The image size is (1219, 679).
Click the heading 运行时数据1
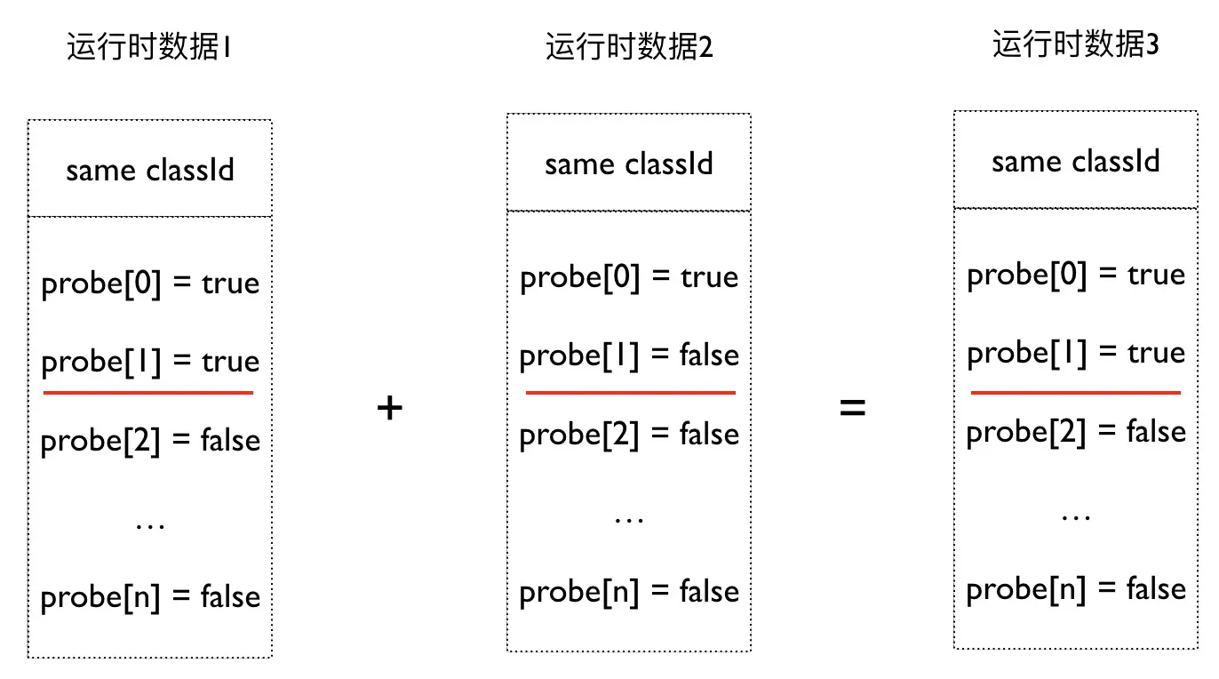(149, 46)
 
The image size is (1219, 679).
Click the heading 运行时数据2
(629, 46)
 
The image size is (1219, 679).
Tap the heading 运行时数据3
(1075, 44)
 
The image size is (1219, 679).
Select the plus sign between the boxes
(390, 408)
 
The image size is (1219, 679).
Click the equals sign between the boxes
(852, 408)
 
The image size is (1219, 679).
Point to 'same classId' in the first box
(150, 169)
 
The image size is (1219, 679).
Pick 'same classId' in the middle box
(629, 164)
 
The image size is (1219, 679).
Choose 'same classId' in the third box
(1075, 161)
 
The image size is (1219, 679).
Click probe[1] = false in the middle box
(629, 355)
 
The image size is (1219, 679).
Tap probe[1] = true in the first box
(150, 362)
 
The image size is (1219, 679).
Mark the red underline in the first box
(148, 392)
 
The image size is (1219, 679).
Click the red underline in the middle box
(630, 392)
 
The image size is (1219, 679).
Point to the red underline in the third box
(1076, 392)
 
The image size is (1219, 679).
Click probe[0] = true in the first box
(150, 284)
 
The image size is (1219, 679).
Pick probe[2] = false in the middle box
(629, 435)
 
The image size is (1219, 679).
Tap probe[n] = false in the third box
(1076, 589)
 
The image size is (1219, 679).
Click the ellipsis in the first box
(150, 524)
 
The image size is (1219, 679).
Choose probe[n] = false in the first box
(150, 597)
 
